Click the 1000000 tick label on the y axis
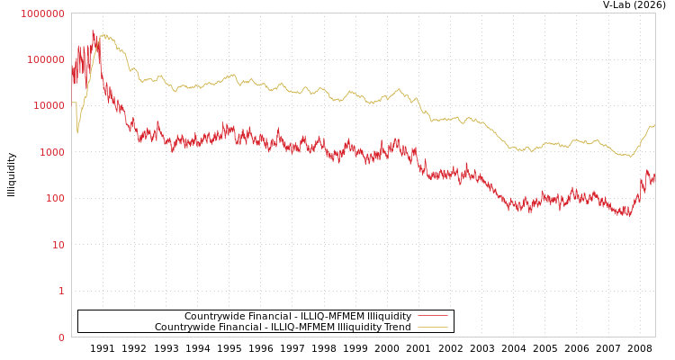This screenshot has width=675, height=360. pyautogui.click(x=42, y=13)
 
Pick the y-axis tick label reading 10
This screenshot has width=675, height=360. pyautogui.click(x=58, y=245)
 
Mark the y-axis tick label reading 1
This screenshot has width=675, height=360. pyautogui.click(x=61, y=291)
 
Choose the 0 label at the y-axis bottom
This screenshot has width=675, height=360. pyautogui.click(x=61, y=337)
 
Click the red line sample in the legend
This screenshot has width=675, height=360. pyautogui.click(x=432, y=316)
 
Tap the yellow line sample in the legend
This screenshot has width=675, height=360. pyautogui.click(x=432, y=327)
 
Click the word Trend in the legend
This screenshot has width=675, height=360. pyautogui.click(x=396, y=327)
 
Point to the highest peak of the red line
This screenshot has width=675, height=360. pyautogui.click(x=93, y=31)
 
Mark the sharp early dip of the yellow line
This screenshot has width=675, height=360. pyautogui.click(x=77, y=132)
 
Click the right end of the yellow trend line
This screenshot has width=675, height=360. pyautogui.click(x=654, y=126)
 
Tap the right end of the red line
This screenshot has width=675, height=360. pyautogui.click(x=654, y=177)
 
